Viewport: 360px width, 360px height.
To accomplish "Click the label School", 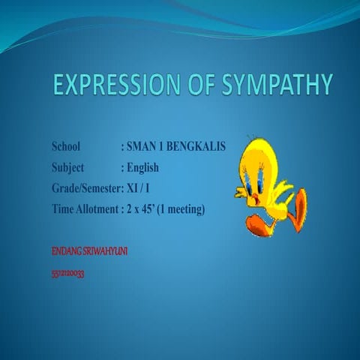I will point(69,145).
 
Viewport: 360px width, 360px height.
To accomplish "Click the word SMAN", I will point(142,145).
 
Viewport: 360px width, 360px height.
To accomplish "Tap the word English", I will point(143,166).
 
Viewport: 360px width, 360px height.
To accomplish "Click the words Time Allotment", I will point(85,208).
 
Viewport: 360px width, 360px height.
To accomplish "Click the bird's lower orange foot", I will point(258,224).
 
